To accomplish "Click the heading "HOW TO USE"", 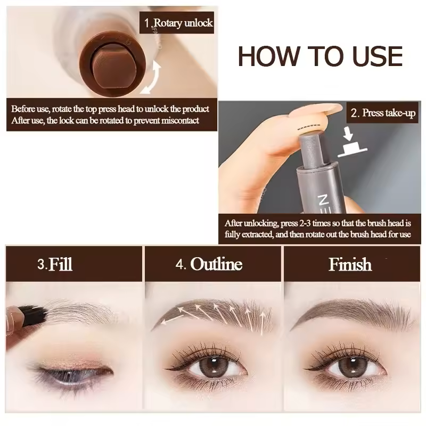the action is coord(320,56).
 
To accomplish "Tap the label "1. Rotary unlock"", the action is coord(178,23).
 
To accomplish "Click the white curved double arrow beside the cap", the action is coord(152,78).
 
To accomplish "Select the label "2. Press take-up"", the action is coord(383,113).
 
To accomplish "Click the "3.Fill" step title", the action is coord(55,264).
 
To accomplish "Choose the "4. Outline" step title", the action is coord(209,264).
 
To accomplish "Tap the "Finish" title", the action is coord(350,264).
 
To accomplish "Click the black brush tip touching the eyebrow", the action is coord(34,315).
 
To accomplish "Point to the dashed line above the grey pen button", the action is coord(309,127).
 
